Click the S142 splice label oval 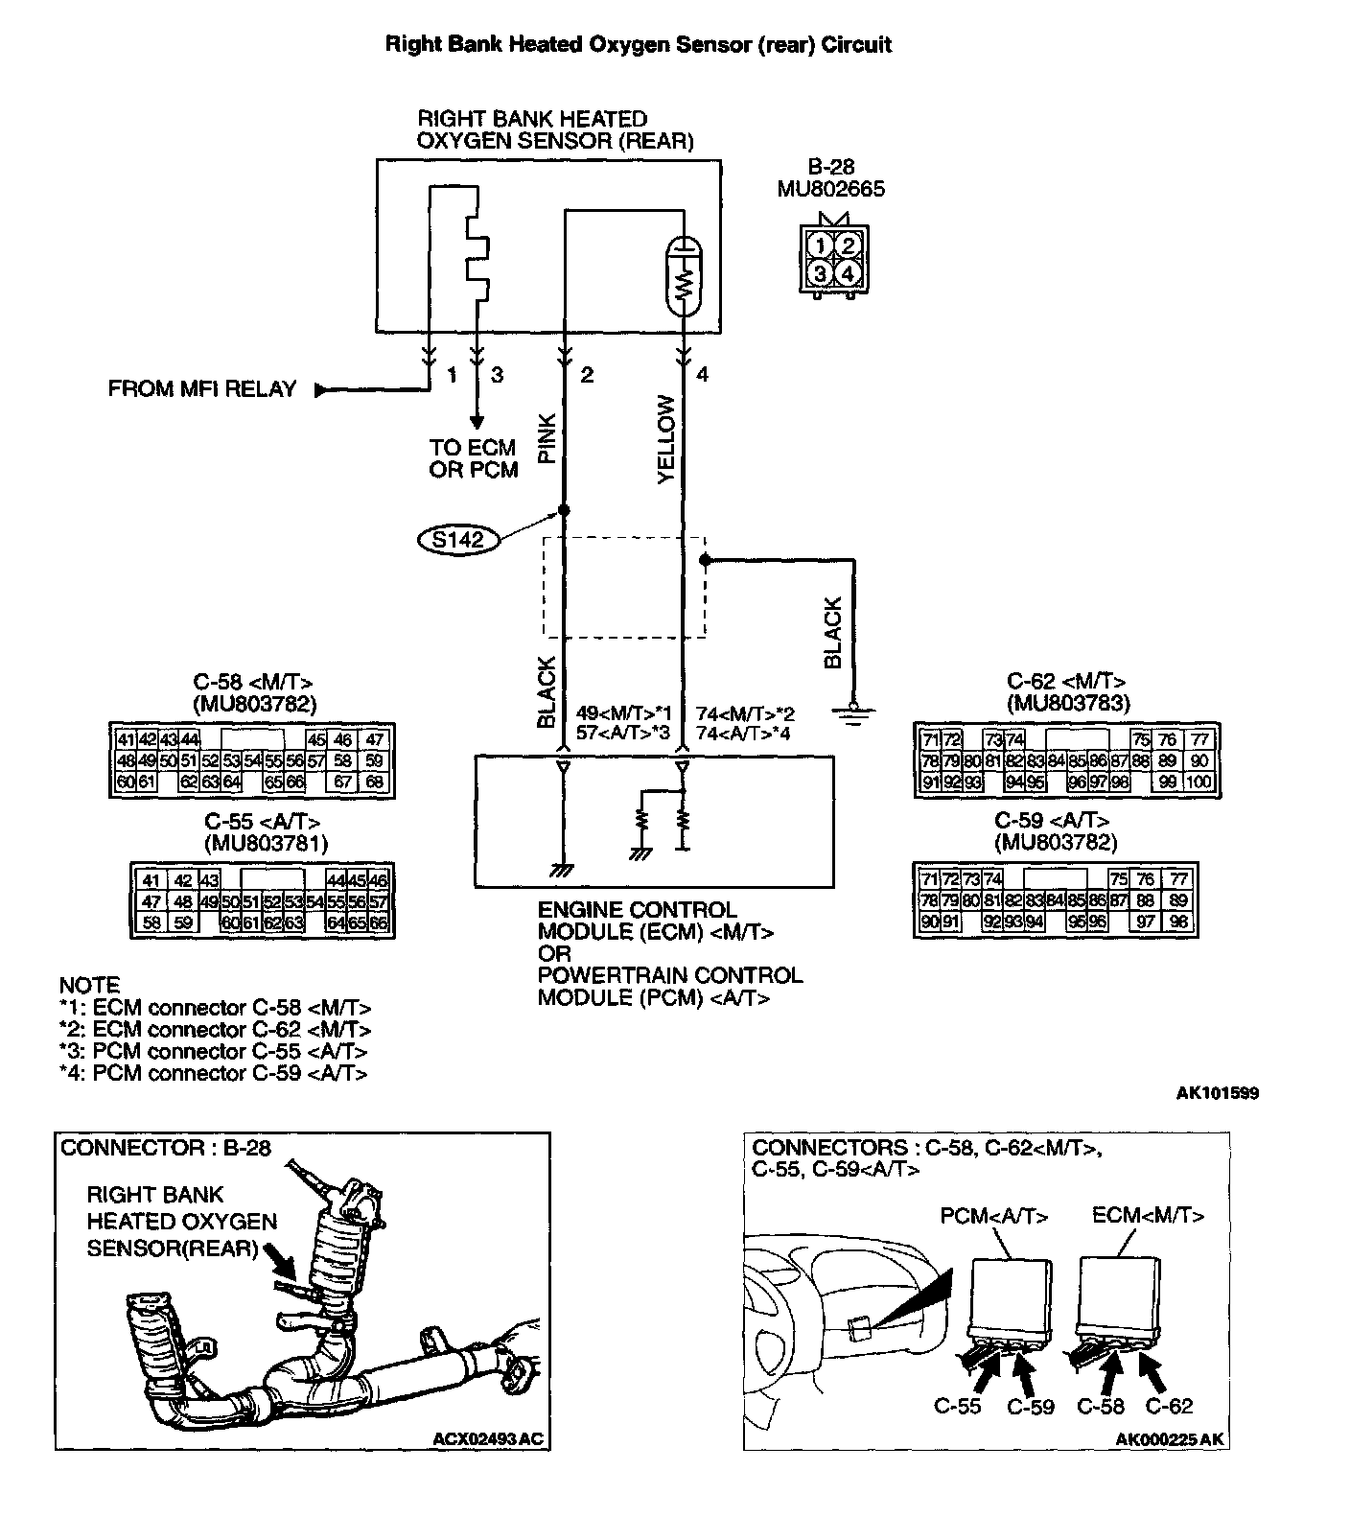click(458, 540)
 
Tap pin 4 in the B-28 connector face click(848, 273)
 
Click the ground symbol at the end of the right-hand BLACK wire click(853, 714)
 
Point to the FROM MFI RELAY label click(202, 389)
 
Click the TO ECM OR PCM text click(474, 458)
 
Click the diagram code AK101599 click(1218, 1093)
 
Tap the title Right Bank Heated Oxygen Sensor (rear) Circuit click(638, 44)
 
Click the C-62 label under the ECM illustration click(1169, 1407)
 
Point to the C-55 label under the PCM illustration click(957, 1407)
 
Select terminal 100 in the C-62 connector click(1199, 782)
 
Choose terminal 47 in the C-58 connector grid click(375, 739)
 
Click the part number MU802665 click(831, 189)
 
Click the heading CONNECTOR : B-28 click(166, 1148)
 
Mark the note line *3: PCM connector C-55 click(213, 1052)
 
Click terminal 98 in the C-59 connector click(1177, 922)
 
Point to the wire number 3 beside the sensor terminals click(497, 376)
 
